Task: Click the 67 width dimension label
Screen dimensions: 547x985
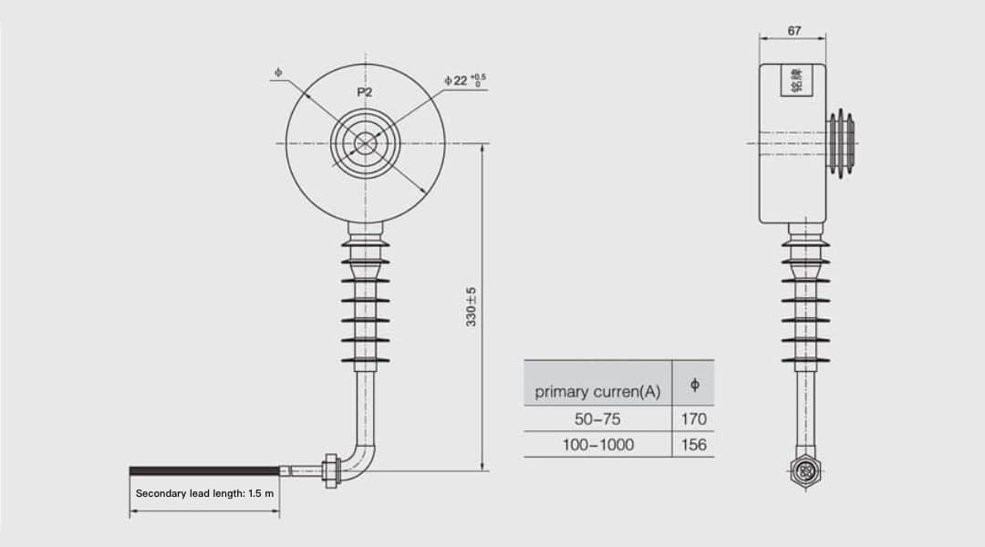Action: point(793,31)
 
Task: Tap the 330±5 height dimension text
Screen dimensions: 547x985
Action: point(472,306)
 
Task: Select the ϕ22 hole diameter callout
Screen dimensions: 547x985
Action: point(465,80)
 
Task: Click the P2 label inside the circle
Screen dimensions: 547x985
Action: point(364,92)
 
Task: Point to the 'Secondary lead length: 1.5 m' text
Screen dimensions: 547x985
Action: point(204,493)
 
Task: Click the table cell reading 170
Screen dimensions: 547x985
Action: point(693,419)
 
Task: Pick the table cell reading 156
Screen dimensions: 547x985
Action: point(693,445)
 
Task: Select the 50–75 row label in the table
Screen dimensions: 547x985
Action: point(597,419)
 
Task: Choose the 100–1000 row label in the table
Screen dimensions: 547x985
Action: point(597,445)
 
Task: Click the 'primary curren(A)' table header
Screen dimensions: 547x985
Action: point(597,392)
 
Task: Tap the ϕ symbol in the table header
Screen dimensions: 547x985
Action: point(694,385)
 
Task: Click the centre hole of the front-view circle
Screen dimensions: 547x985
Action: point(366,143)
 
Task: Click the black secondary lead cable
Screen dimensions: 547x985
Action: point(204,470)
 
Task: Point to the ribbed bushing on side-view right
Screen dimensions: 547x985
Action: point(841,143)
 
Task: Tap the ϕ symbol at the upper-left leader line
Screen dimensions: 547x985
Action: point(278,71)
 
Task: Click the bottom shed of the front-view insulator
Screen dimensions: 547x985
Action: point(366,360)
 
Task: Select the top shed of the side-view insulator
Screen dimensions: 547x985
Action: point(805,243)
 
